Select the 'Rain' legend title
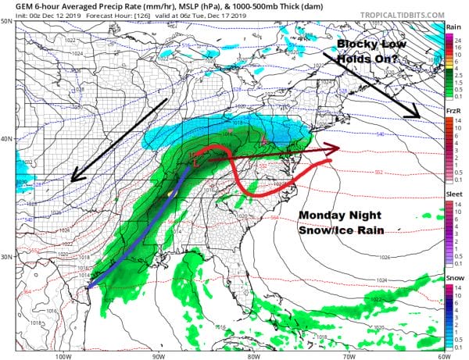point(452,27)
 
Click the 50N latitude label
point(7,21)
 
